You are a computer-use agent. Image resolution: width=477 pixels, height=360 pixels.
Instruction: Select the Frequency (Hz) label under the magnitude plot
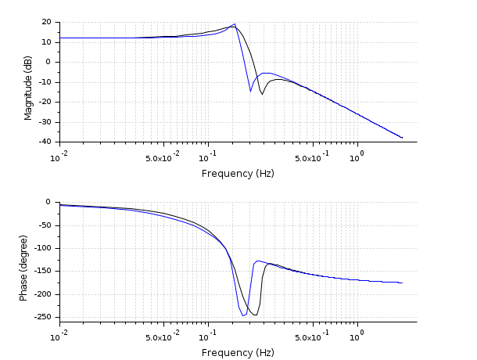pos(238,173)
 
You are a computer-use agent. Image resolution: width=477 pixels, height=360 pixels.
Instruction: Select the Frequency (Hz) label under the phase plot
pos(238,352)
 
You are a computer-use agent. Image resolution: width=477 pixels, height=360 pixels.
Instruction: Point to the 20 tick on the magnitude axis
pos(47,22)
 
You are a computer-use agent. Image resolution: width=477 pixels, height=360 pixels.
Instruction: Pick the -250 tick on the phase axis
pos(43,318)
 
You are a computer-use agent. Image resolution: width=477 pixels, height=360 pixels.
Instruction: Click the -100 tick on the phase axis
pos(43,248)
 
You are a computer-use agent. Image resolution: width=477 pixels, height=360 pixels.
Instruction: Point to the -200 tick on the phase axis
pos(43,295)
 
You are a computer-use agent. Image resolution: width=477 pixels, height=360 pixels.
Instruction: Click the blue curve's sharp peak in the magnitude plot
pos(234,24)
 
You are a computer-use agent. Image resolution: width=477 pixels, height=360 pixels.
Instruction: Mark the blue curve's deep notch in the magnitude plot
pos(250,91)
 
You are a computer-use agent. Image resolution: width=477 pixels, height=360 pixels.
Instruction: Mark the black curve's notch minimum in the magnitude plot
pos(263,94)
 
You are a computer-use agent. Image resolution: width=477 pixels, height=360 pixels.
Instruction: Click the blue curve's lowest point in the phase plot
pos(243,315)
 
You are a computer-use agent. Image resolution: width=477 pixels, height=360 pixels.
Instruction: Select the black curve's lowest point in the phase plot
pos(255,315)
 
